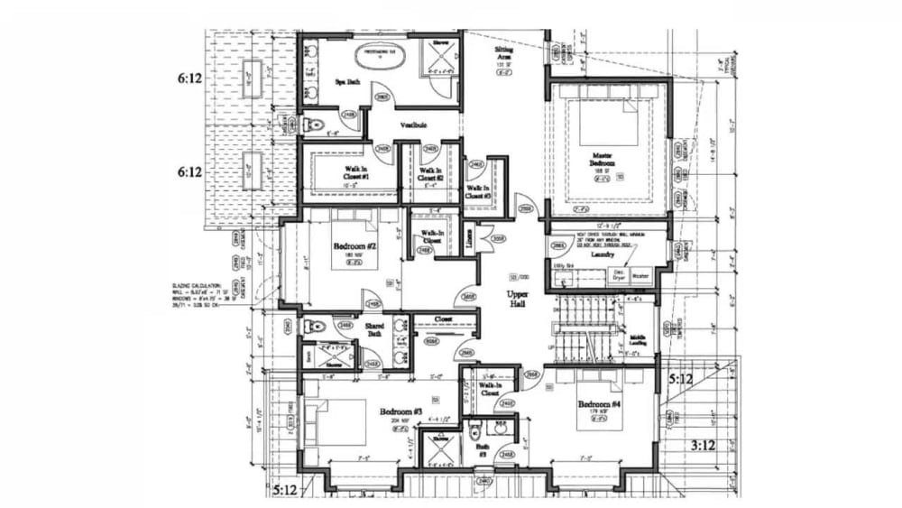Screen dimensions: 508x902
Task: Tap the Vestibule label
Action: (x=412, y=125)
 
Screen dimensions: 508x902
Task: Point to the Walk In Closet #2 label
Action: (x=430, y=174)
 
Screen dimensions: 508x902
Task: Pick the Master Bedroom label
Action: (x=601, y=161)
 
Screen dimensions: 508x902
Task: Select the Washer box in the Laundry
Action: (x=640, y=275)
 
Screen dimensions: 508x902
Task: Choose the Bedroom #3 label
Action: (x=399, y=411)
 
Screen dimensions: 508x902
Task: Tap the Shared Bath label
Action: (x=374, y=329)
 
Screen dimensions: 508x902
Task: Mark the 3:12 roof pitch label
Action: (x=703, y=444)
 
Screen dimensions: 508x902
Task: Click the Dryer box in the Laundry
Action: (x=620, y=275)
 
